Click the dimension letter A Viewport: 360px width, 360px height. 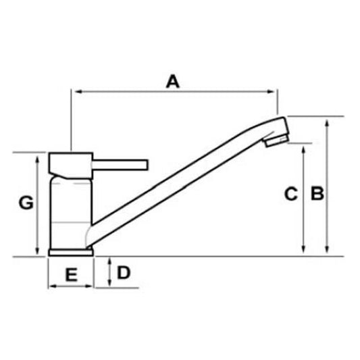point(174,82)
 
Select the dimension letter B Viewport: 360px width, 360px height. point(317,194)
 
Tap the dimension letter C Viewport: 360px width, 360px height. point(290,195)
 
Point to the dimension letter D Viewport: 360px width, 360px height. point(124,273)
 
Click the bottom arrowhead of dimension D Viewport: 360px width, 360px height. point(109,284)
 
